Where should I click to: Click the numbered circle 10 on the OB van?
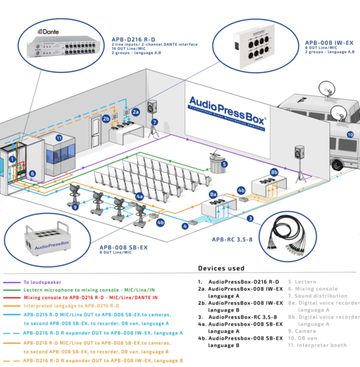tap(349, 134)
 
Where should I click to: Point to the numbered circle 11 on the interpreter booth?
tap(58, 138)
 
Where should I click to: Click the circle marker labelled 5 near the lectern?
tap(225, 163)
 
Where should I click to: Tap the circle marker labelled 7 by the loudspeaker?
tap(154, 122)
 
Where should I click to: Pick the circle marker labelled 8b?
tap(273, 171)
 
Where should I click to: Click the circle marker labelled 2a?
tap(135, 112)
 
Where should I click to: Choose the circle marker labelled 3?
tap(249, 218)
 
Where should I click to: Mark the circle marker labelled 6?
tap(31, 173)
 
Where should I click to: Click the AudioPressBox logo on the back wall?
tap(227, 106)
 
